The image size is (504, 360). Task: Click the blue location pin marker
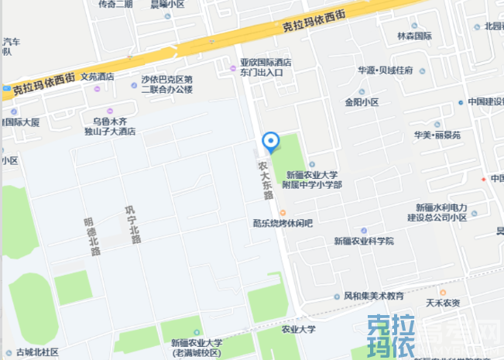tap(270, 142)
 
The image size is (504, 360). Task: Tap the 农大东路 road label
tap(265, 180)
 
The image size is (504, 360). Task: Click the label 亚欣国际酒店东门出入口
tap(265, 67)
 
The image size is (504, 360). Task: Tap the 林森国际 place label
tap(413, 36)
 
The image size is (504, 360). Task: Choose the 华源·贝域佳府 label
tap(385, 70)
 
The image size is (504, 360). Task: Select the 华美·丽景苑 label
tap(437, 134)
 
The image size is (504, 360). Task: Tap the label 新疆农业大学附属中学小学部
tap(314, 180)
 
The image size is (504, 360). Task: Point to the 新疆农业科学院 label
tap(364, 241)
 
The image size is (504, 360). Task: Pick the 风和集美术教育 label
tap(374, 296)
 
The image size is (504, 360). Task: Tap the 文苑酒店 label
tap(91, 77)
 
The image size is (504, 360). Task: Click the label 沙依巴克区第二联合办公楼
tap(166, 84)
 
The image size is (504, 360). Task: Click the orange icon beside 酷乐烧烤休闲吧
tap(282, 213)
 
